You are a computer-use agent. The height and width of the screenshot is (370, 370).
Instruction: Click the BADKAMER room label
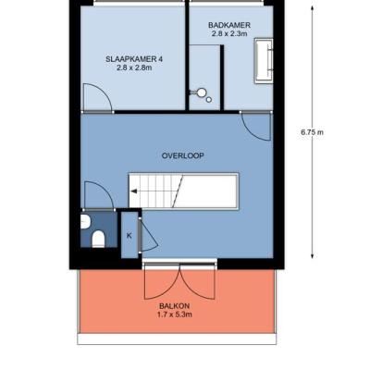pos(229,25)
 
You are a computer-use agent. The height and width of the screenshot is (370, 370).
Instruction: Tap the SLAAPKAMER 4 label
pos(134,59)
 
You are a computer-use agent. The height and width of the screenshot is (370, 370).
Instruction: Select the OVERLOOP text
pos(183,155)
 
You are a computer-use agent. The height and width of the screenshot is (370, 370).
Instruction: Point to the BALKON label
pos(174,306)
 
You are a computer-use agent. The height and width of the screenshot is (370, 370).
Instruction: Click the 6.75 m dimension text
pos(312,132)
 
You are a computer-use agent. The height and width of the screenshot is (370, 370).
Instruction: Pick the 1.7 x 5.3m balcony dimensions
pos(175,314)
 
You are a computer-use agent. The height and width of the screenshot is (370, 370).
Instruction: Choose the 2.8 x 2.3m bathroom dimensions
pos(229,33)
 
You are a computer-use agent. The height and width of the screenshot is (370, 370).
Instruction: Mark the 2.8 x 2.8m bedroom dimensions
pos(134,68)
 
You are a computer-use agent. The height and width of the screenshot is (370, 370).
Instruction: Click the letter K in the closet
pos(129,236)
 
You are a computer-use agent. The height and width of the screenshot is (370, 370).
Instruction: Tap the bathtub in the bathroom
pos(264,61)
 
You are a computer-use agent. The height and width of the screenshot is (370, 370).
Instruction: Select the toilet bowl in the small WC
pos(98,239)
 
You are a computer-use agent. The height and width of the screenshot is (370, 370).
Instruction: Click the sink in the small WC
pos(85,222)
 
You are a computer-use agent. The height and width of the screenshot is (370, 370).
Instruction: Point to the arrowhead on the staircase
pos(134,191)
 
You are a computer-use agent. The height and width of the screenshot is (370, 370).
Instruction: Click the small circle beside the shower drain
pos(209,100)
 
